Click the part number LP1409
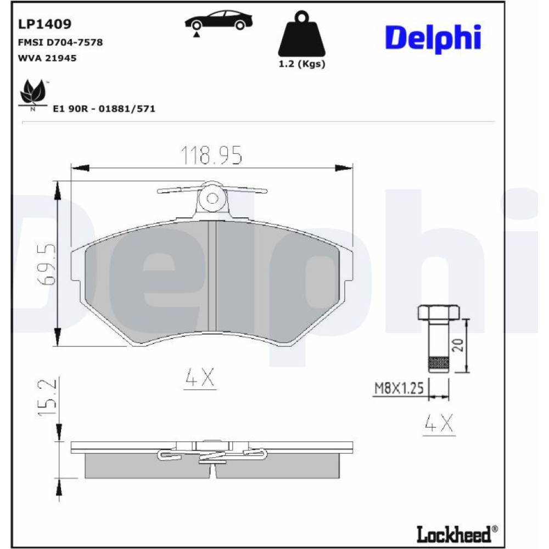[x=44, y=24]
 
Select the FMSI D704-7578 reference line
[x=60, y=42]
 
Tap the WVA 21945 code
[x=47, y=58]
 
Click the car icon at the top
[x=219, y=22]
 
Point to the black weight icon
[x=301, y=33]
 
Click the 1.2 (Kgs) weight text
[x=302, y=64]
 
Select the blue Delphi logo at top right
[x=433, y=38]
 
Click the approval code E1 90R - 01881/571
[x=104, y=109]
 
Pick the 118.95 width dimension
[x=211, y=155]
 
